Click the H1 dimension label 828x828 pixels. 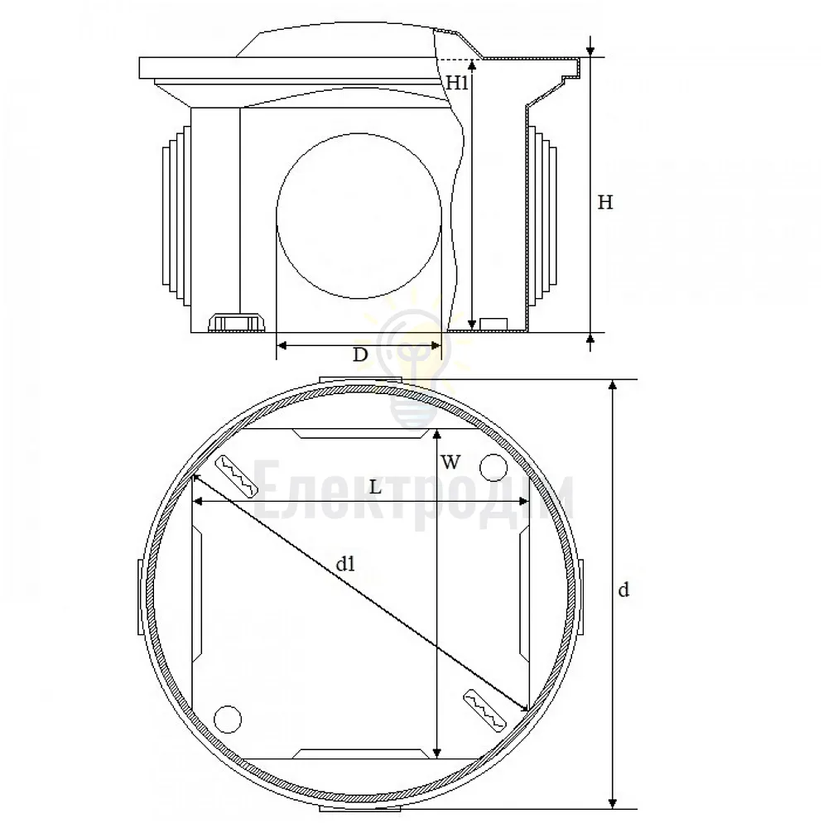pyautogui.click(x=457, y=82)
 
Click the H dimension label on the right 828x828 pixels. pyautogui.click(x=605, y=202)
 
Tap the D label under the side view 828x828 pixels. pyautogui.click(x=360, y=354)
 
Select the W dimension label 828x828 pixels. pyautogui.click(x=450, y=463)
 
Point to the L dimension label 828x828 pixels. pyautogui.click(x=375, y=487)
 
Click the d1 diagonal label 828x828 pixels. pyautogui.click(x=346, y=565)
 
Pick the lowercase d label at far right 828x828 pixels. pyautogui.click(x=623, y=590)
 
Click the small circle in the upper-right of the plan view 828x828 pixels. pyautogui.click(x=493, y=467)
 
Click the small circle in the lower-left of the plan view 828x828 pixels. pyautogui.click(x=228, y=719)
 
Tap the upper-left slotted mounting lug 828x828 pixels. pyautogui.click(x=236, y=476)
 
